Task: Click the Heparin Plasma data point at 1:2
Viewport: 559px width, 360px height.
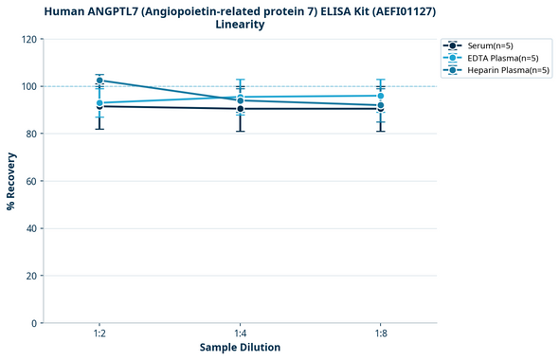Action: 99,81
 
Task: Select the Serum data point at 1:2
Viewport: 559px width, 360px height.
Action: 99,106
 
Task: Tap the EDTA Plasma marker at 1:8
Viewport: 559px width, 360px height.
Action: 381,96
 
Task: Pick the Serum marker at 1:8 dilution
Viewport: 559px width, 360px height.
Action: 381,108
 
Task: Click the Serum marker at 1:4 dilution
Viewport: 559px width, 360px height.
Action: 241,109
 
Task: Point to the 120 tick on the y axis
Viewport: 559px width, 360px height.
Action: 28,40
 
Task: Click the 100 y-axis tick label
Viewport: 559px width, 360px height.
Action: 28,87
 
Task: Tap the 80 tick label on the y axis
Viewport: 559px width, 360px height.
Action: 31,135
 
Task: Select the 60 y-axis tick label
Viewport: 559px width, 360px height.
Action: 31,182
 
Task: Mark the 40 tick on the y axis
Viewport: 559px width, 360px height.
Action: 31,229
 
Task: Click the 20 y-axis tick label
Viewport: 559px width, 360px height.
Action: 31,277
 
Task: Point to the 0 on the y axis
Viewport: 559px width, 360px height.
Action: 34,324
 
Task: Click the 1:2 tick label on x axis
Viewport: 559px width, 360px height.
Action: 99,334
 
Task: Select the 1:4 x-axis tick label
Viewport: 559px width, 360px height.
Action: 241,334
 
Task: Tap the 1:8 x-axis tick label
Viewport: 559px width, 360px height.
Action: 381,334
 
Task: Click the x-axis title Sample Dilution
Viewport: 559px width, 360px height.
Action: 240,348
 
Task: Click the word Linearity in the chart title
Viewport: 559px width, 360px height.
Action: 240,24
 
